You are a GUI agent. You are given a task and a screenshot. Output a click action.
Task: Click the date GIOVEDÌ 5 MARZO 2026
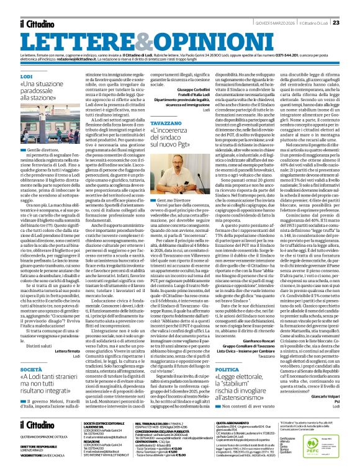point(265,6)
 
